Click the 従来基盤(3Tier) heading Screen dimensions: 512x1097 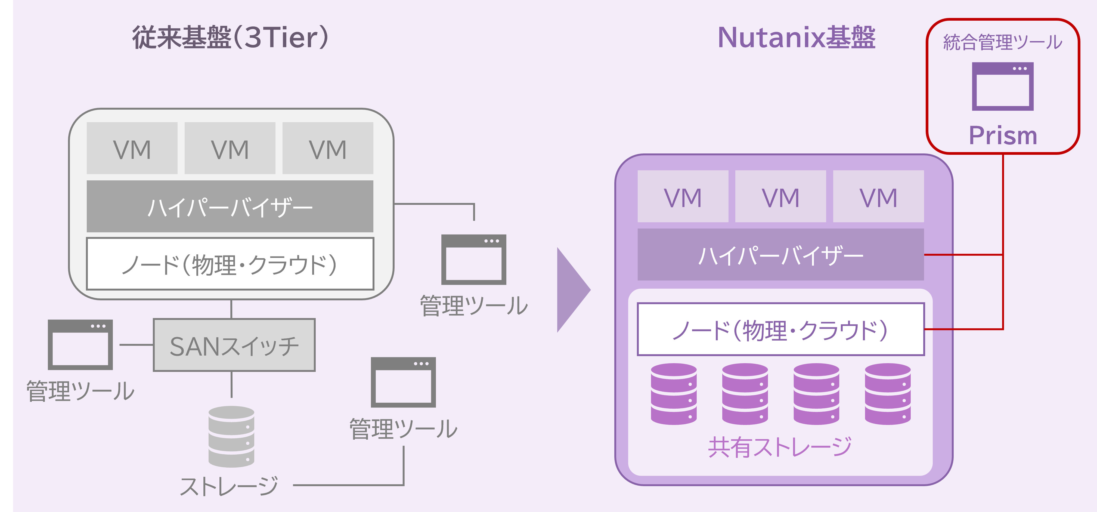pyautogui.click(x=230, y=38)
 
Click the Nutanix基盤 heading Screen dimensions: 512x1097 pyautogui.click(x=796, y=38)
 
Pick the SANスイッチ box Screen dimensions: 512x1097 pyautogui.click(x=234, y=345)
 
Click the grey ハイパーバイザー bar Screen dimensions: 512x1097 pyautogui.click(x=230, y=206)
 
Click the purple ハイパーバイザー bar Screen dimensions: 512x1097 pyautogui.click(x=780, y=255)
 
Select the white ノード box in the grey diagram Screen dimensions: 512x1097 pyautogui.click(x=230, y=264)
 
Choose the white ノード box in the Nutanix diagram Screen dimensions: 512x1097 pyautogui.click(x=780, y=329)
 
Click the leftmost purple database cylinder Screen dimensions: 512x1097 pyautogui.click(x=674, y=394)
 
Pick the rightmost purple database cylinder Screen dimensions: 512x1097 pyautogui.click(x=888, y=394)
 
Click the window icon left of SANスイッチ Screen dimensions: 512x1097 pyautogui.click(x=80, y=345)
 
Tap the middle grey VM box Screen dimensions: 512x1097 pyautogui.click(x=230, y=148)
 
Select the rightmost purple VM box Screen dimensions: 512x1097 pyautogui.click(x=878, y=196)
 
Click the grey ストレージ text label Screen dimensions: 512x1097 pyautogui.click(x=229, y=486)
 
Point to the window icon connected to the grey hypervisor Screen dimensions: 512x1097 pyautogui.click(x=473, y=260)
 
